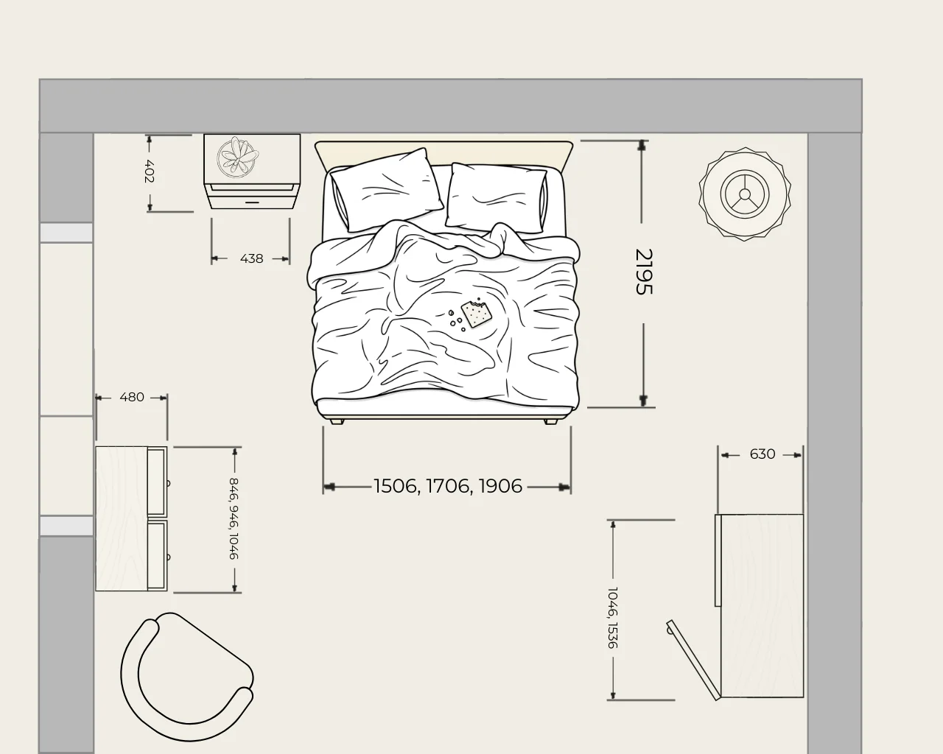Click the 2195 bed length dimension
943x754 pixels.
(x=644, y=272)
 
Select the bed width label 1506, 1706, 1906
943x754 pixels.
(x=448, y=486)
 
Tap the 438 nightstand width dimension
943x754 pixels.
(x=251, y=258)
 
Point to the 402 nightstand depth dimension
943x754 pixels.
(x=150, y=172)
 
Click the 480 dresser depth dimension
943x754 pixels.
(x=131, y=397)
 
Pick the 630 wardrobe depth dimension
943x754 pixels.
(x=763, y=454)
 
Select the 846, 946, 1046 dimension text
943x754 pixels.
(x=234, y=518)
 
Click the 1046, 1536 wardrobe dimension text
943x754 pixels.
(x=613, y=618)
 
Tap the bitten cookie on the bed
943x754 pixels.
(x=477, y=312)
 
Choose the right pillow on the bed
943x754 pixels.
(x=497, y=197)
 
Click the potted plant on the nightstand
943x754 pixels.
(x=238, y=158)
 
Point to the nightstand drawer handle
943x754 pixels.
(x=252, y=202)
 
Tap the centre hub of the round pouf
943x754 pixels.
(x=745, y=194)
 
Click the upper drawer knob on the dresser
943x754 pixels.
(x=168, y=484)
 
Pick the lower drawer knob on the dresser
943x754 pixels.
(x=168, y=557)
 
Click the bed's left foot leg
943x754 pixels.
(x=337, y=421)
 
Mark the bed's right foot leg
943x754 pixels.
(x=551, y=421)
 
